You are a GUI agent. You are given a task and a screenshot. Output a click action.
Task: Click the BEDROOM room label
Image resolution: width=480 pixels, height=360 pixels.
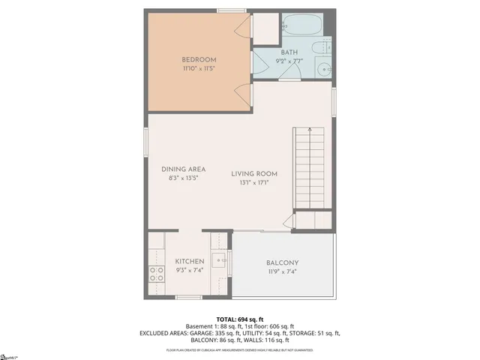tap(199, 60)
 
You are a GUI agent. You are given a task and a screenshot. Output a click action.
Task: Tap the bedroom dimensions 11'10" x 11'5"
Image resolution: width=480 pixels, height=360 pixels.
tap(199, 69)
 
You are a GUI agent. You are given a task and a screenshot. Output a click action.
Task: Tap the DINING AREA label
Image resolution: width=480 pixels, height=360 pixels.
tap(183, 169)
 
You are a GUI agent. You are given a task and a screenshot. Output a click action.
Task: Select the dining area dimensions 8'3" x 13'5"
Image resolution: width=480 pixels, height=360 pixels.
tap(183, 179)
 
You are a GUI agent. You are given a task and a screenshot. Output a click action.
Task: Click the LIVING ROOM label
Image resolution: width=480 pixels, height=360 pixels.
tap(254, 173)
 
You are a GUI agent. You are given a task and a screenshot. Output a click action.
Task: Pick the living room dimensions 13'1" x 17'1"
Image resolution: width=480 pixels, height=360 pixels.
tap(254, 182)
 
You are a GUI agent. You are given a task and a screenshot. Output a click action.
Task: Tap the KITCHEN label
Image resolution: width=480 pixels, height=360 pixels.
tap(190, 262)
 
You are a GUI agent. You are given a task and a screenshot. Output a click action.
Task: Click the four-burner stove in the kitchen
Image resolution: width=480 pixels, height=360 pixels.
tap(157, 274)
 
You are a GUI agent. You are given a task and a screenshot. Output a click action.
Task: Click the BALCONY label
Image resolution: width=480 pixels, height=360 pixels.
tap(283, 262)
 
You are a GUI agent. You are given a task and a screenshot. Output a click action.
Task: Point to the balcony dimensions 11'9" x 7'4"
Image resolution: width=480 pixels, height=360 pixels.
tap(283, 271)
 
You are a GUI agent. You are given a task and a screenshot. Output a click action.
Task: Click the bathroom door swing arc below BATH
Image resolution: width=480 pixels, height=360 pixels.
tap(292, 71)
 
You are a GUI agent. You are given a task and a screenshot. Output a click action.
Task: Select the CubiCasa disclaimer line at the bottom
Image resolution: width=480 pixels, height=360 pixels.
tap(240, 350)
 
